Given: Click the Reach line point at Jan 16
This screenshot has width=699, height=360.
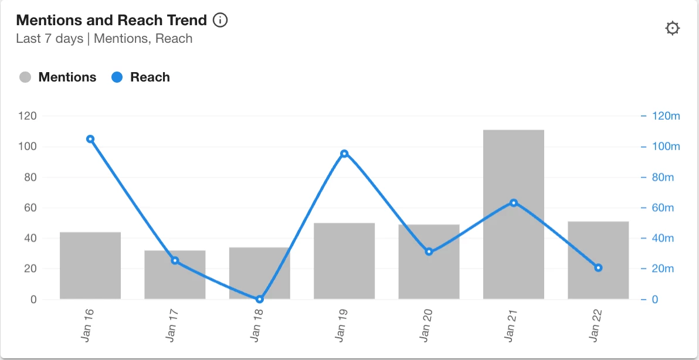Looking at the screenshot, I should pyautogui.click(x=90, y=139).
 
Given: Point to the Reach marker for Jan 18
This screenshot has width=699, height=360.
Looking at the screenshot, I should pyautogui.click(x=260, y=299).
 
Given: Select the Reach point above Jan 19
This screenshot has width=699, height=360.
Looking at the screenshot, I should pyautogui.click(x=344, y=154).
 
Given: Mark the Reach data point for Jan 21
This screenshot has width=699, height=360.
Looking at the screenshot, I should pyautogui.click(x=514, y=203).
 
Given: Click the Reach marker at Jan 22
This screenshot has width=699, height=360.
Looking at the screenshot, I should pyautogui.click(x=598, y=268).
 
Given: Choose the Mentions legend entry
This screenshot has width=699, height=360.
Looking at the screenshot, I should pyautogui.click(x=58, y=77).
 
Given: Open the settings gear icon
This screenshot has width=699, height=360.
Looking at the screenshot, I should pyautogui.click(x=672, y=28).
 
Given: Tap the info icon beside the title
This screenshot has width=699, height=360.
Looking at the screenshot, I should pyautogui.click(x=220, y=21).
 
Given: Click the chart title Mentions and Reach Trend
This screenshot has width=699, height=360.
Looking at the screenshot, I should pyautogui.click(x=111, y=21).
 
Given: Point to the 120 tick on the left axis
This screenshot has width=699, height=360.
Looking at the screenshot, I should pyautogui.click(x=28, y=116).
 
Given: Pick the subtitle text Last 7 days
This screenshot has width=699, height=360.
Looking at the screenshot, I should pyautogui.click(x=50, y=39).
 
